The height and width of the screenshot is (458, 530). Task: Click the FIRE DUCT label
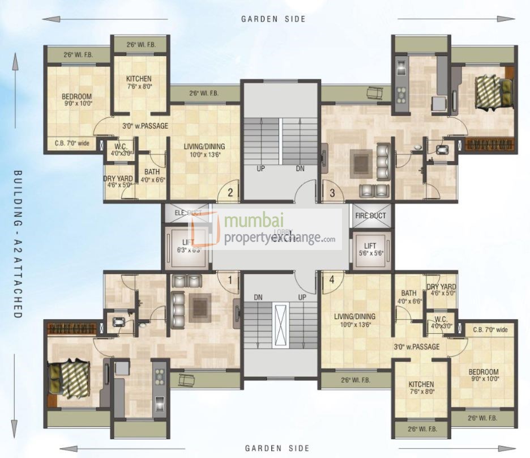pyautogui.click(x=370, y=216)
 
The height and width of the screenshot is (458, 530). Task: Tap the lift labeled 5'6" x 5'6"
pyautogui.click(x=370, y=249)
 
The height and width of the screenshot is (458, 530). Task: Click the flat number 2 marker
pyautogui.click(x=230, y=192)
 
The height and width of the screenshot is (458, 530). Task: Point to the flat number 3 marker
pyautogui.click(x=332, y=192)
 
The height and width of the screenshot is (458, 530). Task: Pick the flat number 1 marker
pyautogui.click(x=230, y=279)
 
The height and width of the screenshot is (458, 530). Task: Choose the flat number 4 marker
pyautogui.click(x=332, y=279)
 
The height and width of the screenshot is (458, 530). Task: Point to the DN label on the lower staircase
pyautogui.click(x=258, y=297)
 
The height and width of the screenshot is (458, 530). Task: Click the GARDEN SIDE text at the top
pyautogui.click(x=273, y=19)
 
